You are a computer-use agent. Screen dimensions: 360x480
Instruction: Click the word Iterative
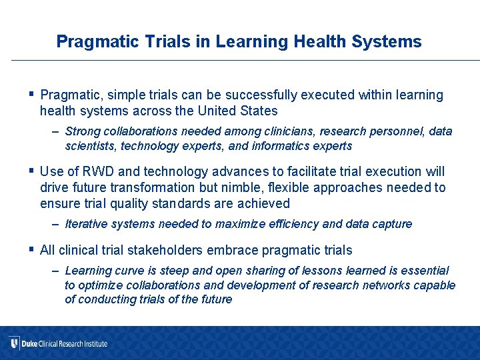[x=87, y=224]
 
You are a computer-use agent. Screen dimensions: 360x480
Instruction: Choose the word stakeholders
[x=178, y=251]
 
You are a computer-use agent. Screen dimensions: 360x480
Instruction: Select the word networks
[x=390, y=285]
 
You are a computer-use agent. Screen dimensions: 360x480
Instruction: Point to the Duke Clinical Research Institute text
[x=64, y=344]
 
